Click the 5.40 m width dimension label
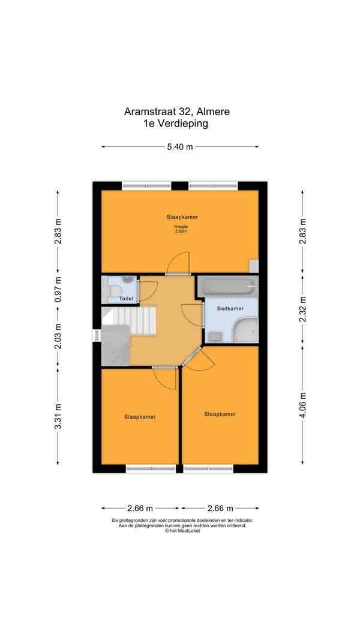coord(179,147)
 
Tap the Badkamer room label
coord(230,308)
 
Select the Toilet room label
coord(127,299)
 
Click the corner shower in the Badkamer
coord(244,330)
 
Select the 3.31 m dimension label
coord(58,416)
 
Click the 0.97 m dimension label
coord(58,288)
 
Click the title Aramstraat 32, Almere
coord(177,112)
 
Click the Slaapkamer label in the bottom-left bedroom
coord(140,417)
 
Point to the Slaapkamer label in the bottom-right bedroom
coord(220,414)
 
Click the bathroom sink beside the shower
coord(215,337)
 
